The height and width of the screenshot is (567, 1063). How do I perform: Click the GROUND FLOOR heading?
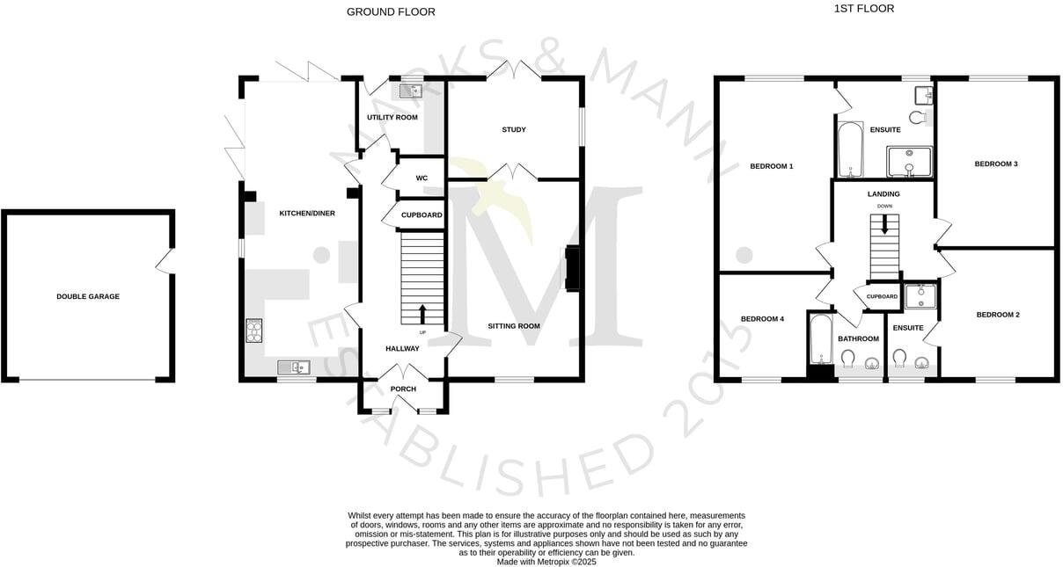coord(391,11)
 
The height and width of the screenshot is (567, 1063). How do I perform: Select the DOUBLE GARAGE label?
coord(88,296)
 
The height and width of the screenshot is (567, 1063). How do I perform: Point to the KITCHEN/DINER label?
coord(307,214)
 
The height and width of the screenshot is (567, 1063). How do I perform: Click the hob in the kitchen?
coord(253,330)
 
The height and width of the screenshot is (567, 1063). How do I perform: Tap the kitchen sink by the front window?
coord(290,367)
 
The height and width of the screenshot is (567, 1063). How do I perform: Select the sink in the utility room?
coord(411,90)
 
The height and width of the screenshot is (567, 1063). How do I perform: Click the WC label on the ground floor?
coord(422,178)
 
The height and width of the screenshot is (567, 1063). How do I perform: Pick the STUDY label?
coord(514,130)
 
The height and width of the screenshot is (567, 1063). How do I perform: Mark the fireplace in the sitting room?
coord(571,268)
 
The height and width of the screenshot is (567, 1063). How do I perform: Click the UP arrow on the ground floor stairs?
coord(422,314)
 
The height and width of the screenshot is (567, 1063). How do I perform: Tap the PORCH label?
coord(403,389)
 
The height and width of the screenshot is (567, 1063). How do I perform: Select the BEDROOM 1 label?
coord(772,166)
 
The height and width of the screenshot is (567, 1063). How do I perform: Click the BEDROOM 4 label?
coord(762,319)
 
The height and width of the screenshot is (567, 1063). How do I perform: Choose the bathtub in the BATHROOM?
coord(819,340)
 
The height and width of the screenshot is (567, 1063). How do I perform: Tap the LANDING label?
coord(883,194)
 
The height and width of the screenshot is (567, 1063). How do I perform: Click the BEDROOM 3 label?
coord(996,164)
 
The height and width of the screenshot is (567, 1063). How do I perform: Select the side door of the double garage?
coord(164,261)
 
